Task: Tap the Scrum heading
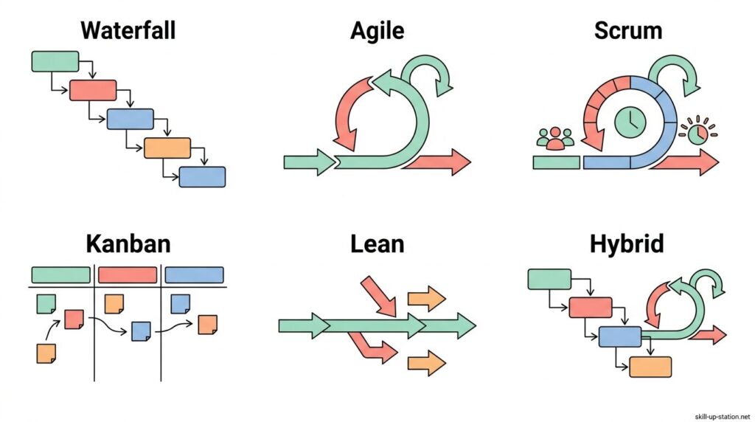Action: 627,31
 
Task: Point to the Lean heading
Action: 377,243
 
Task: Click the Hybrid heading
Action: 627,243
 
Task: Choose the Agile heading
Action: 377,31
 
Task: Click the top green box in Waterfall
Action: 55,61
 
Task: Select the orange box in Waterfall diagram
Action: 167,148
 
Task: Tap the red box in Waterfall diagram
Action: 93,90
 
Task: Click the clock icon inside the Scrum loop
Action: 630,122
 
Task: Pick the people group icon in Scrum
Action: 554,138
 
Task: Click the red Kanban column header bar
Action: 128,275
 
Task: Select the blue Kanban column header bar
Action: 194,275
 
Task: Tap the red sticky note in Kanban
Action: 74,319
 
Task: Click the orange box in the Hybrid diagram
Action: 650,367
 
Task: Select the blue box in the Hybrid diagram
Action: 620,336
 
